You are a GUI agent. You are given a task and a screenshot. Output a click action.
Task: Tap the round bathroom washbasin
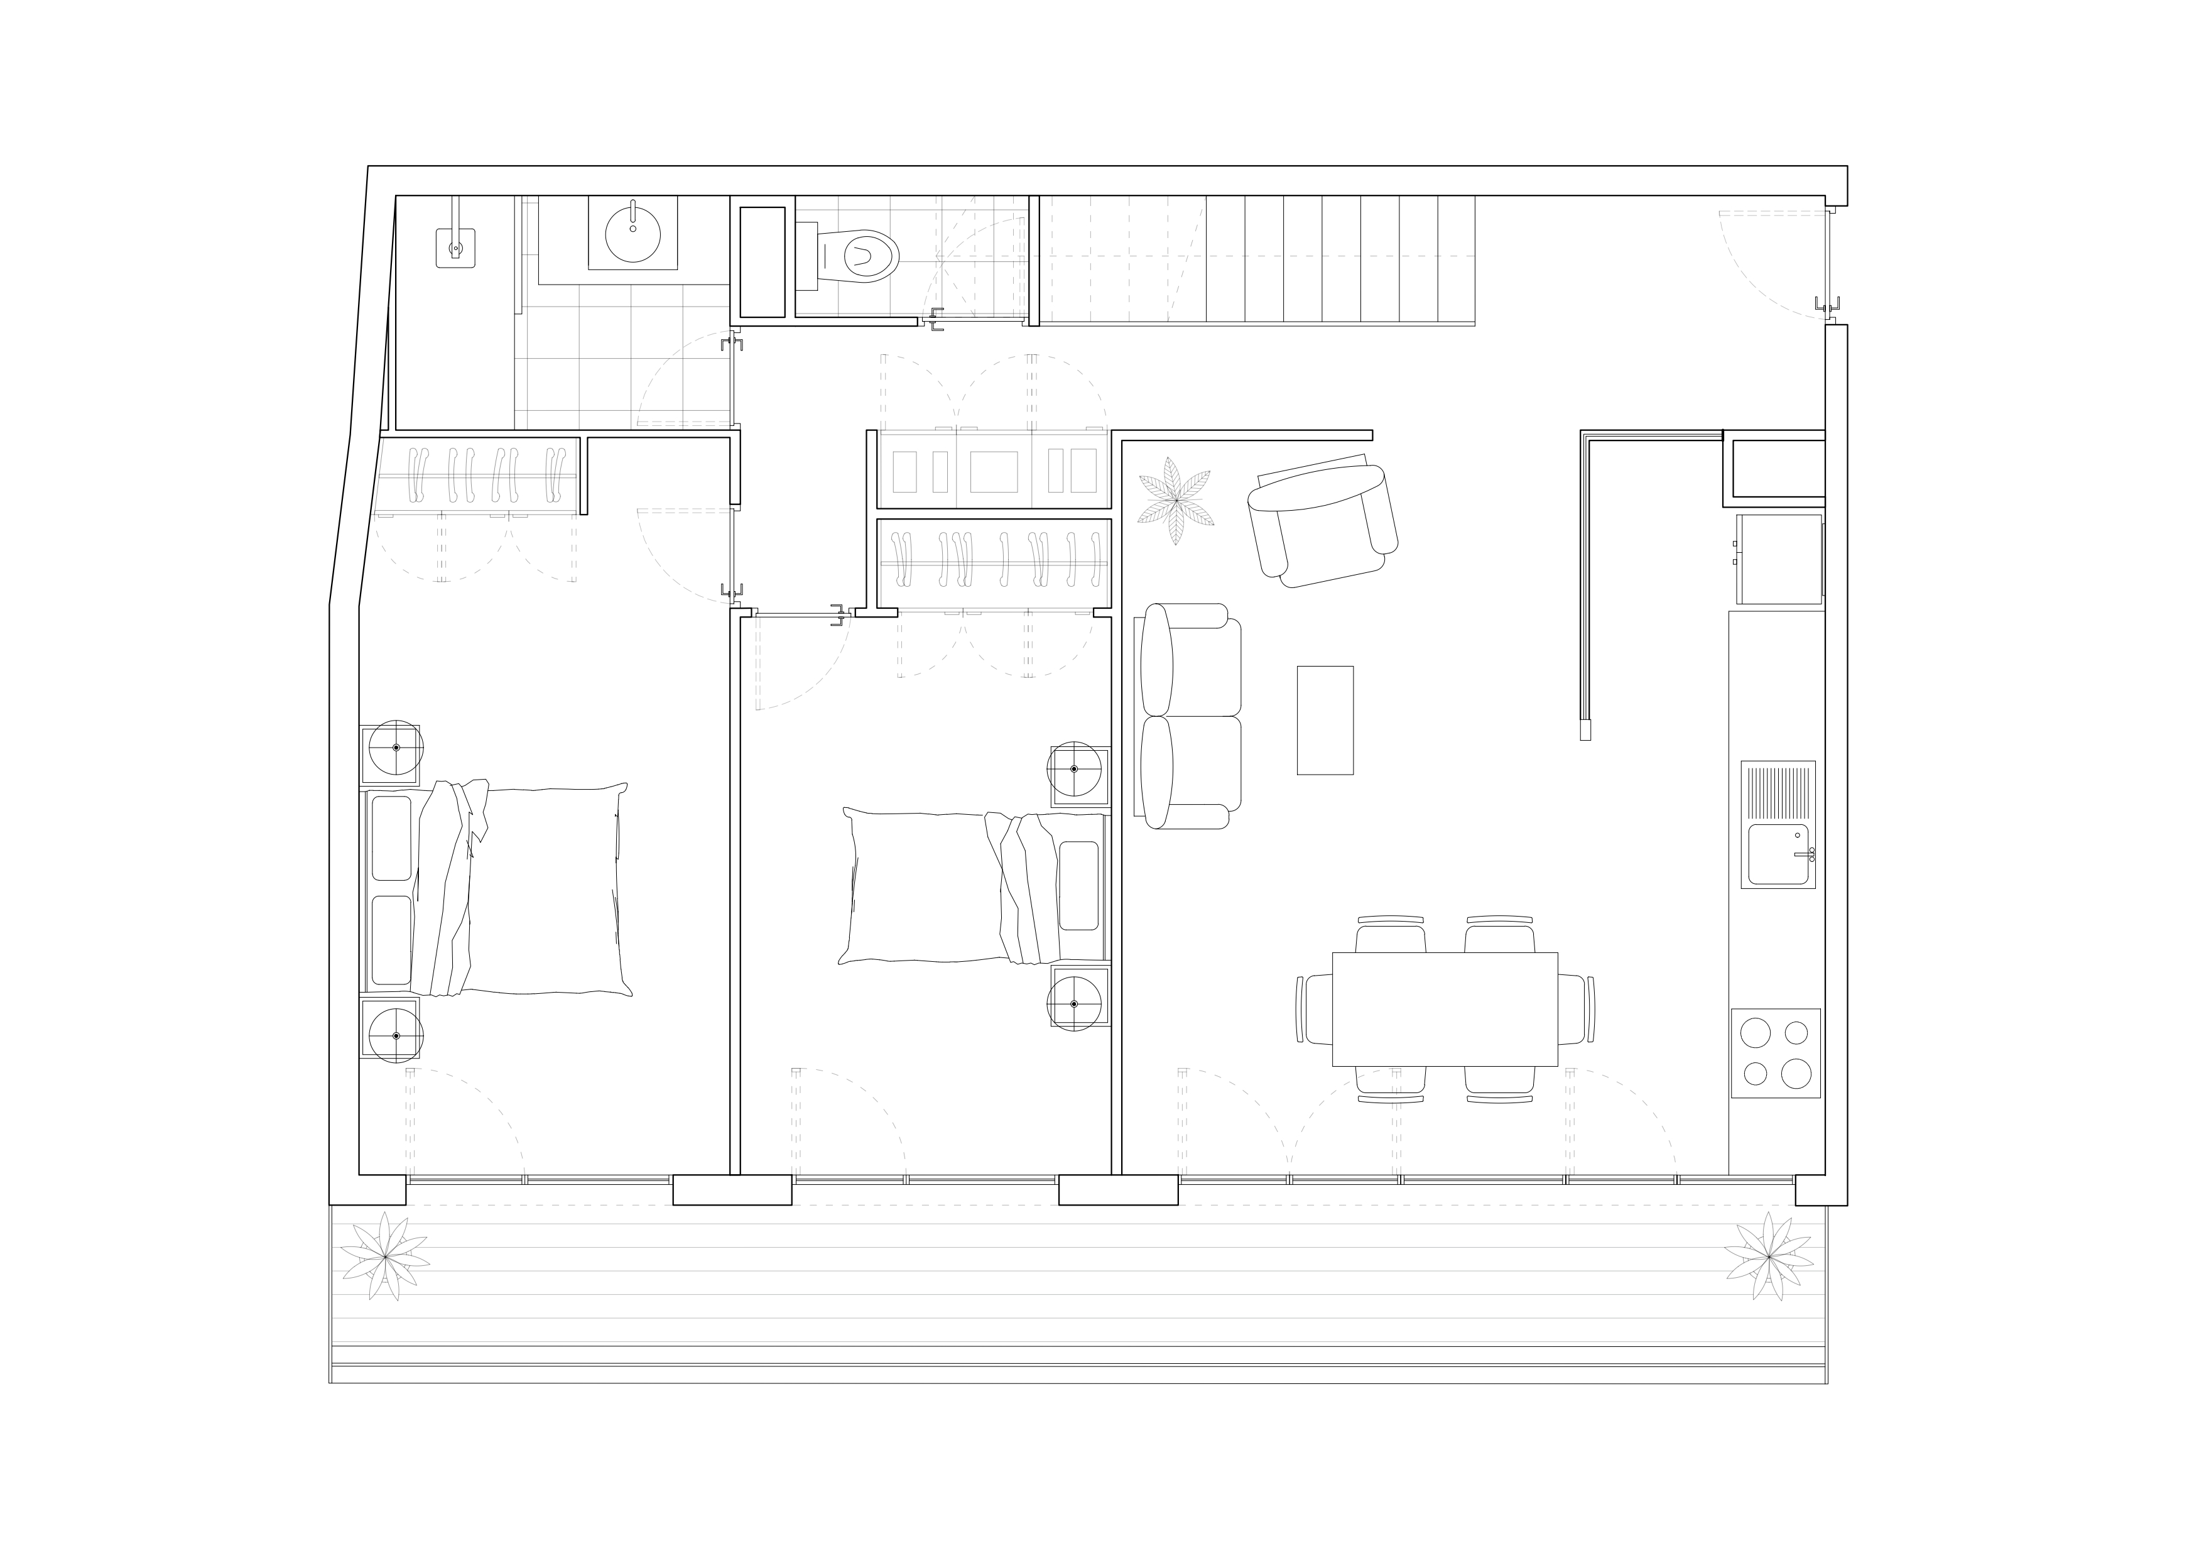(632, 233)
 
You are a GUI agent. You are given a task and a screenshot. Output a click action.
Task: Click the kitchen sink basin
(1778, 853)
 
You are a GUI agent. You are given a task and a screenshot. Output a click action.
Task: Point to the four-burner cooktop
(1775, 1053)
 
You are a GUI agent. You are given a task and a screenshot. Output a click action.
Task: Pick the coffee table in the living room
(1325, 720)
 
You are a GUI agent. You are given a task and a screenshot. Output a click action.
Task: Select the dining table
(1444, 1008)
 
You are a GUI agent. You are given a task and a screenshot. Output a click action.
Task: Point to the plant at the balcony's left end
(385, 1255)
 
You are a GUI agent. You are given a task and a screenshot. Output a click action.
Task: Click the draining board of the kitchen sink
(1778, 791)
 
